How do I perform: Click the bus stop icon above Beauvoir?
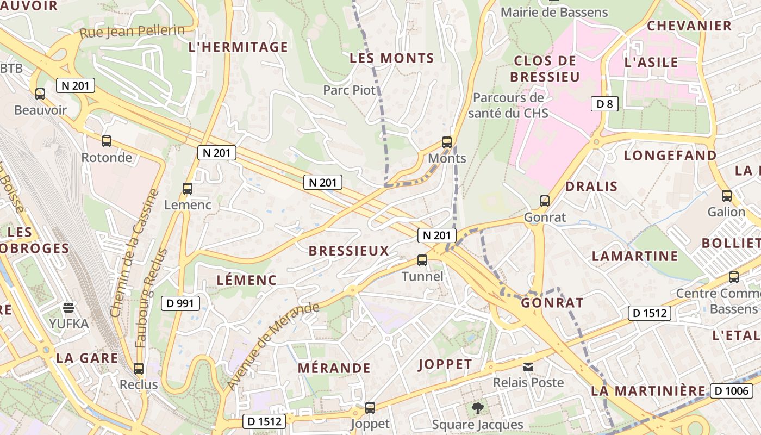40,94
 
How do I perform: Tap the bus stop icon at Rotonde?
107,141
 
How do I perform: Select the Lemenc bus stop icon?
188,189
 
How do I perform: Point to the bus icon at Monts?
447,142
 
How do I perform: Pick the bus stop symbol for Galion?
727,196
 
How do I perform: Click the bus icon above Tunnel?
422,260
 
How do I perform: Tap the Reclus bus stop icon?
139,368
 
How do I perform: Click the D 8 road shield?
604,103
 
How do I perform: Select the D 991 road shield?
180,303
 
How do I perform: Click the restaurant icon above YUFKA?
68,308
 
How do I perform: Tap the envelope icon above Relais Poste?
528,367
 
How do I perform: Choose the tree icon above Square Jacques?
477,408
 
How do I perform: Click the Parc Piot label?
350,90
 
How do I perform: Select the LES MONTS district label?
391,58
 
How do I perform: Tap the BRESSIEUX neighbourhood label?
349,251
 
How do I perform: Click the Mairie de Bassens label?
554,12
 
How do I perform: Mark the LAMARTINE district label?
635,256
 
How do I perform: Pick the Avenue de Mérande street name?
273,345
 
